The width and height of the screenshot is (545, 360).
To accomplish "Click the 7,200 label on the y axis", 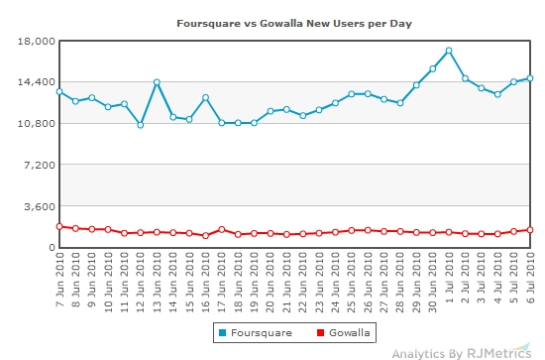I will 36,165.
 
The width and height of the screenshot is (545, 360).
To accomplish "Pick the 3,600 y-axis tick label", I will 36,206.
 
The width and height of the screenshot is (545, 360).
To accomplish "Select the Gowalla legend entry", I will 339,332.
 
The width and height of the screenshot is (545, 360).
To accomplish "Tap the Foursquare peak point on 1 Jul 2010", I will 449,51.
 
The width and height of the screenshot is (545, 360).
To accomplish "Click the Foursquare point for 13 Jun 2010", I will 157,82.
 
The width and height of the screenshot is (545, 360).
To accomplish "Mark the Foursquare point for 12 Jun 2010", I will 141,125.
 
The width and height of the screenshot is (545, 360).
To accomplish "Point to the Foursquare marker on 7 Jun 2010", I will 59,91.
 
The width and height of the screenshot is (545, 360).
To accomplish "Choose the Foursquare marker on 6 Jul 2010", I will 530,78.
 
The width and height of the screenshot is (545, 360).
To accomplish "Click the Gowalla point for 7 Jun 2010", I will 59,226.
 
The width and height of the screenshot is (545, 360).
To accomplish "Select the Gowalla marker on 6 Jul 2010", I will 530,230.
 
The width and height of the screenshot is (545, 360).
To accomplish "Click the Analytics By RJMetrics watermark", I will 463,352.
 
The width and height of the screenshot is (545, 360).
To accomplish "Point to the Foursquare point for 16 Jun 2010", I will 205,97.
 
